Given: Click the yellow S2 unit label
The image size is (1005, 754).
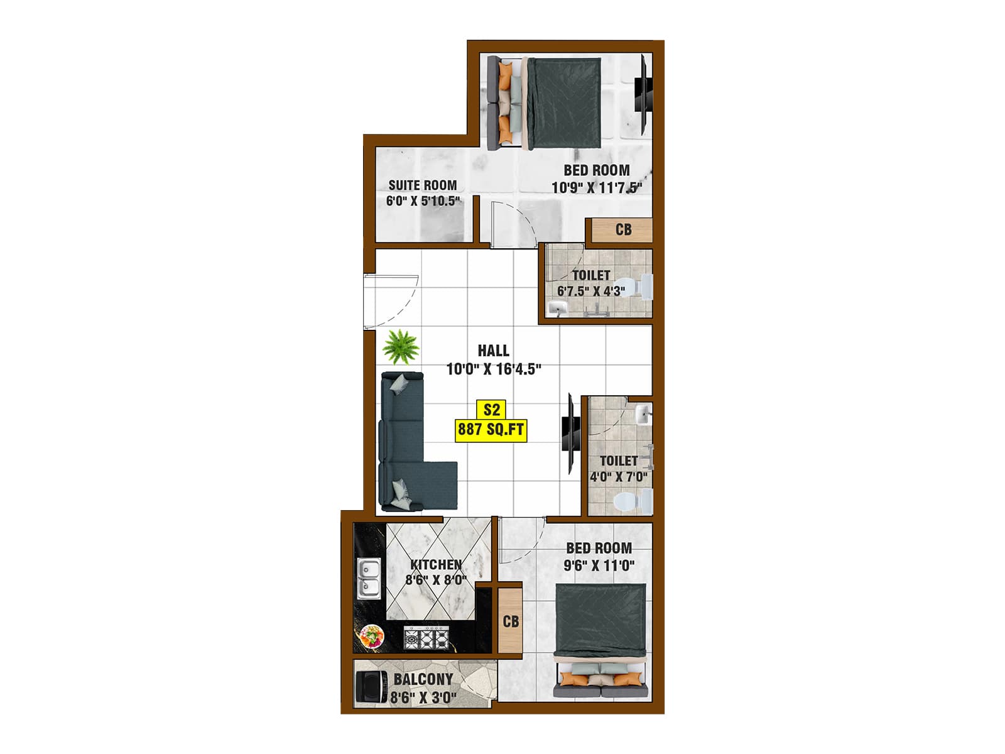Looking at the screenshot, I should click(491, 410).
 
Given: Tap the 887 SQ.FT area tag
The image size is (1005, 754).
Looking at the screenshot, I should click(491, 430).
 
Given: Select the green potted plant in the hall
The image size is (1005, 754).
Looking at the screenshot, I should click(401, 347).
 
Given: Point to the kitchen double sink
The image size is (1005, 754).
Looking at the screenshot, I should click(368, 578).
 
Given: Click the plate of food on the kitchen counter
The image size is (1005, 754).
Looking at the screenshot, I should click(372, 636).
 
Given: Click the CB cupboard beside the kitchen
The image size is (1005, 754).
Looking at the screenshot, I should click(511, 621).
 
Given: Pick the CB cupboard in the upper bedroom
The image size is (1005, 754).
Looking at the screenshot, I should click(622, 229).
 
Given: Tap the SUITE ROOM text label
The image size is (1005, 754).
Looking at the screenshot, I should click(422, 185).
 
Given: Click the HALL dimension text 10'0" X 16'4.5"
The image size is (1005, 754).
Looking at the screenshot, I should click(494, 369).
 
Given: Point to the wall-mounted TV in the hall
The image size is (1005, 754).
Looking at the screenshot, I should click(569, 434).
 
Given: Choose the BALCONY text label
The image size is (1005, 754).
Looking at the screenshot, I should click(423, 679).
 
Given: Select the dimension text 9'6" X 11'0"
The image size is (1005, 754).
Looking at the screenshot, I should click(599, 565).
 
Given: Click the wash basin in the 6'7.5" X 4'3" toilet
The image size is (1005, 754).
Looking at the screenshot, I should click(558, 307).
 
